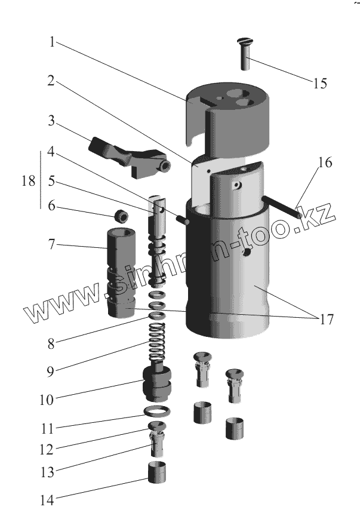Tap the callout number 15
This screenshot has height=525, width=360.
pos(319,83)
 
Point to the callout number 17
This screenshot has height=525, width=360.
pos(325,320)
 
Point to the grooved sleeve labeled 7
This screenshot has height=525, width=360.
pos(122,272)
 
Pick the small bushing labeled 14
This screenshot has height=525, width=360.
pos(156,474)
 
